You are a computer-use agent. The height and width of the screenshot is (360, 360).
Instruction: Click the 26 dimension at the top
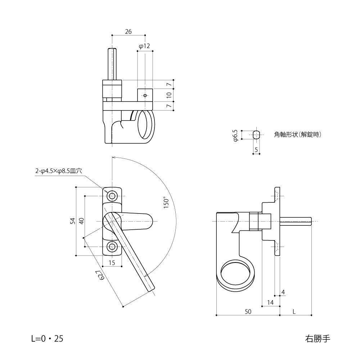128,32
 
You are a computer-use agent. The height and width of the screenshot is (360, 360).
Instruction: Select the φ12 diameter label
144,46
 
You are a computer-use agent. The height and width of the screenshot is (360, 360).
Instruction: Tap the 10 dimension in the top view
169,95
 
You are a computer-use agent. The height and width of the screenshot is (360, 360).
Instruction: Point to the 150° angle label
166,202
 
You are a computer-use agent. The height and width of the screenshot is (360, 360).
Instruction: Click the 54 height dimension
72,221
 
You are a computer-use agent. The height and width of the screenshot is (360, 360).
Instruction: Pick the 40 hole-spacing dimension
81,221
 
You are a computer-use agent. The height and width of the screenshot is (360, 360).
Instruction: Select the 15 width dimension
112,263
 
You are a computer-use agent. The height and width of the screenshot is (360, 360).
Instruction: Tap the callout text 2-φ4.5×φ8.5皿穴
58,171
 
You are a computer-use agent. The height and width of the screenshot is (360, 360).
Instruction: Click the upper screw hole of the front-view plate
112,196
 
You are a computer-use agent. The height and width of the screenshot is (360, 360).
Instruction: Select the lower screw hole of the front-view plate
112,247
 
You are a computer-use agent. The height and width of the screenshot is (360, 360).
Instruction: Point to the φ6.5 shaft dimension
235,135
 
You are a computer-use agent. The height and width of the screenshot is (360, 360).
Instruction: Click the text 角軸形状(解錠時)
297,135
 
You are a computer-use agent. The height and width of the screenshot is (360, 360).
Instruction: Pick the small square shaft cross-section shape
256,135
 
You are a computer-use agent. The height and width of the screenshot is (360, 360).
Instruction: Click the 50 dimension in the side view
248,311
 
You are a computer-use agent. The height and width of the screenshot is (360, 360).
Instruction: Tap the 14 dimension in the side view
270,303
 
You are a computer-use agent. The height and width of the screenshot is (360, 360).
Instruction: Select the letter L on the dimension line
294,311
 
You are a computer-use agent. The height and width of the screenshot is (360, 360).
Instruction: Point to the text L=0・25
47,338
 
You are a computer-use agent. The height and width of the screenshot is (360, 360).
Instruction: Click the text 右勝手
317,338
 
